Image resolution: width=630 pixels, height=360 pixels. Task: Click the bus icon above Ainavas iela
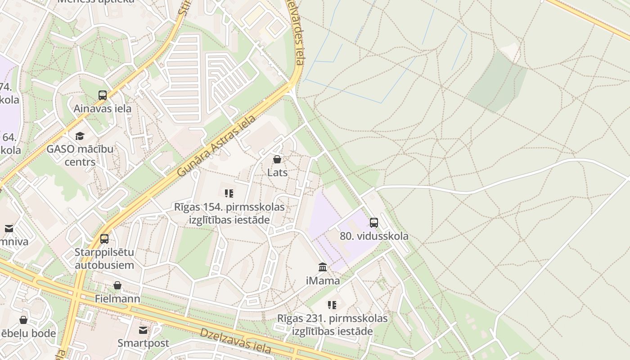pos(103,95)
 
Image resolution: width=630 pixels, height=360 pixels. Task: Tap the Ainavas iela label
pos(103,108)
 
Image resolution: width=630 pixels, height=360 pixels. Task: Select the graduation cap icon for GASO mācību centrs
pos(80,136)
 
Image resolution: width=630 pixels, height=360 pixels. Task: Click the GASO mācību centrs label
pos(80,155)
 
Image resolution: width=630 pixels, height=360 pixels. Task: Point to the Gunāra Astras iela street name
pos(216,146)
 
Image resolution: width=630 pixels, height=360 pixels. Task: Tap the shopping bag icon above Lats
pos(277,159)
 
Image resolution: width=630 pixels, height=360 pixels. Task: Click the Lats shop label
pos(277,172)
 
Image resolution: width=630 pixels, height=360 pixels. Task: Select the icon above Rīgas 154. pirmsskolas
pos(229,193)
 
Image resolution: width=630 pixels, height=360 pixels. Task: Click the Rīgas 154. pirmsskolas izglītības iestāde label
pos(229,213)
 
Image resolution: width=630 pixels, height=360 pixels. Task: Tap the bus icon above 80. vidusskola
pos(374,223)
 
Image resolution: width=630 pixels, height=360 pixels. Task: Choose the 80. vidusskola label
pos(374,236)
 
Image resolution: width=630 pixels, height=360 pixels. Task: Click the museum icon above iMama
pos(323,267)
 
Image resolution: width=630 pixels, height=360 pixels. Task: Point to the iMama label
pos(323,281)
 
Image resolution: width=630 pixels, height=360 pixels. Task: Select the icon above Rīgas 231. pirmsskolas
pos(332,305)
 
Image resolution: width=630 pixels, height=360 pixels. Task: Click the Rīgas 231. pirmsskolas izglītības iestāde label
pos(332,325)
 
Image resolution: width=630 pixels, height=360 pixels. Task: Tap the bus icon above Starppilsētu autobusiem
pos(104,238)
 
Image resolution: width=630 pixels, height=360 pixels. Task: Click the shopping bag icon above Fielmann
pos(117,285)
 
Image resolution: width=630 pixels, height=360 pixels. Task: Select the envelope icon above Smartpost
pos(143,330)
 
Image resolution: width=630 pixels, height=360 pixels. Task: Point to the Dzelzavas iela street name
pos(235,340)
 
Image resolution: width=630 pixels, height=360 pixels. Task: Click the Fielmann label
pos(117,299)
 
